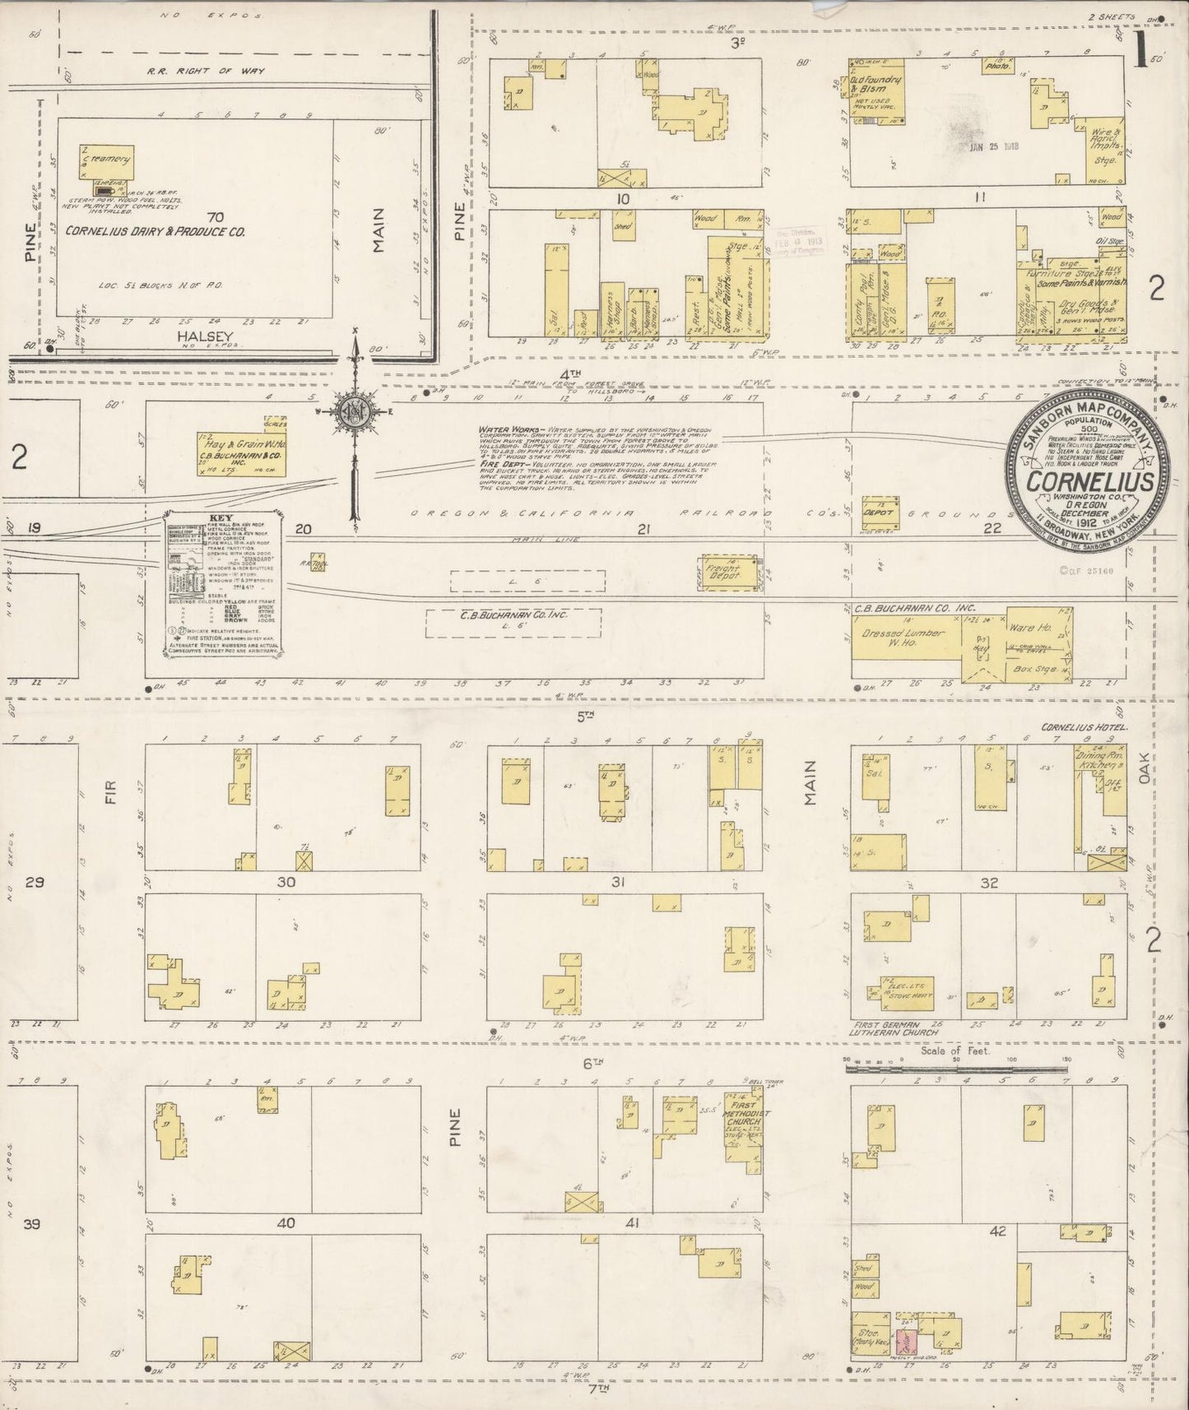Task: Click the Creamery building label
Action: pos(109,157)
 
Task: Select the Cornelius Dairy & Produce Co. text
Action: pos(156,232)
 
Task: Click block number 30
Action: pos(286,883)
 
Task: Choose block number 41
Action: pos(632,1223)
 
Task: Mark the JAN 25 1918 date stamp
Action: pos(994,147)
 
